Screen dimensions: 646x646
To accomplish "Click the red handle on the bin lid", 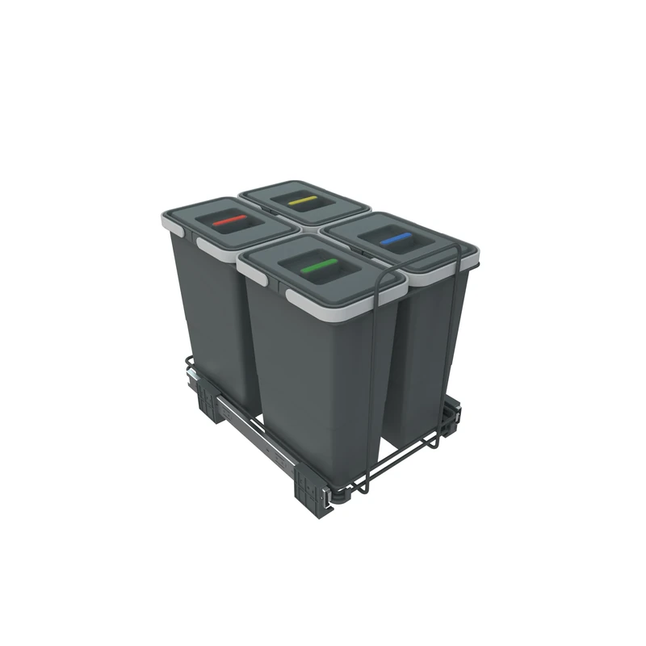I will coord(229,219).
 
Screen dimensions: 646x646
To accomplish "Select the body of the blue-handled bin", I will coord(420,347).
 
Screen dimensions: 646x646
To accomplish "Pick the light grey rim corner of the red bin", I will coord(169,219).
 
